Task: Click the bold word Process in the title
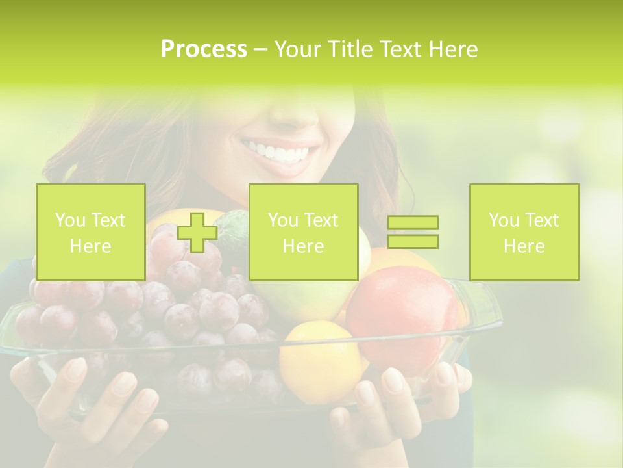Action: [x=204, y=49]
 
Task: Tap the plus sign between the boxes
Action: [x=198, y=232]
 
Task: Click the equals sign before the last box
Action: [x=413, y=232]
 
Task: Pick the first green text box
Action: [x=90, y=232]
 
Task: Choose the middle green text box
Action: [x=303, y=232]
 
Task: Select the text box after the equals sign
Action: [x=524, y=232]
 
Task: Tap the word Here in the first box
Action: [x=90, y=246]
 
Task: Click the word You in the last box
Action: [x=504, y=220]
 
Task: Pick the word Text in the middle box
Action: [x=323, y=220]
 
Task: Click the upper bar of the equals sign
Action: [x=413, y=223]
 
